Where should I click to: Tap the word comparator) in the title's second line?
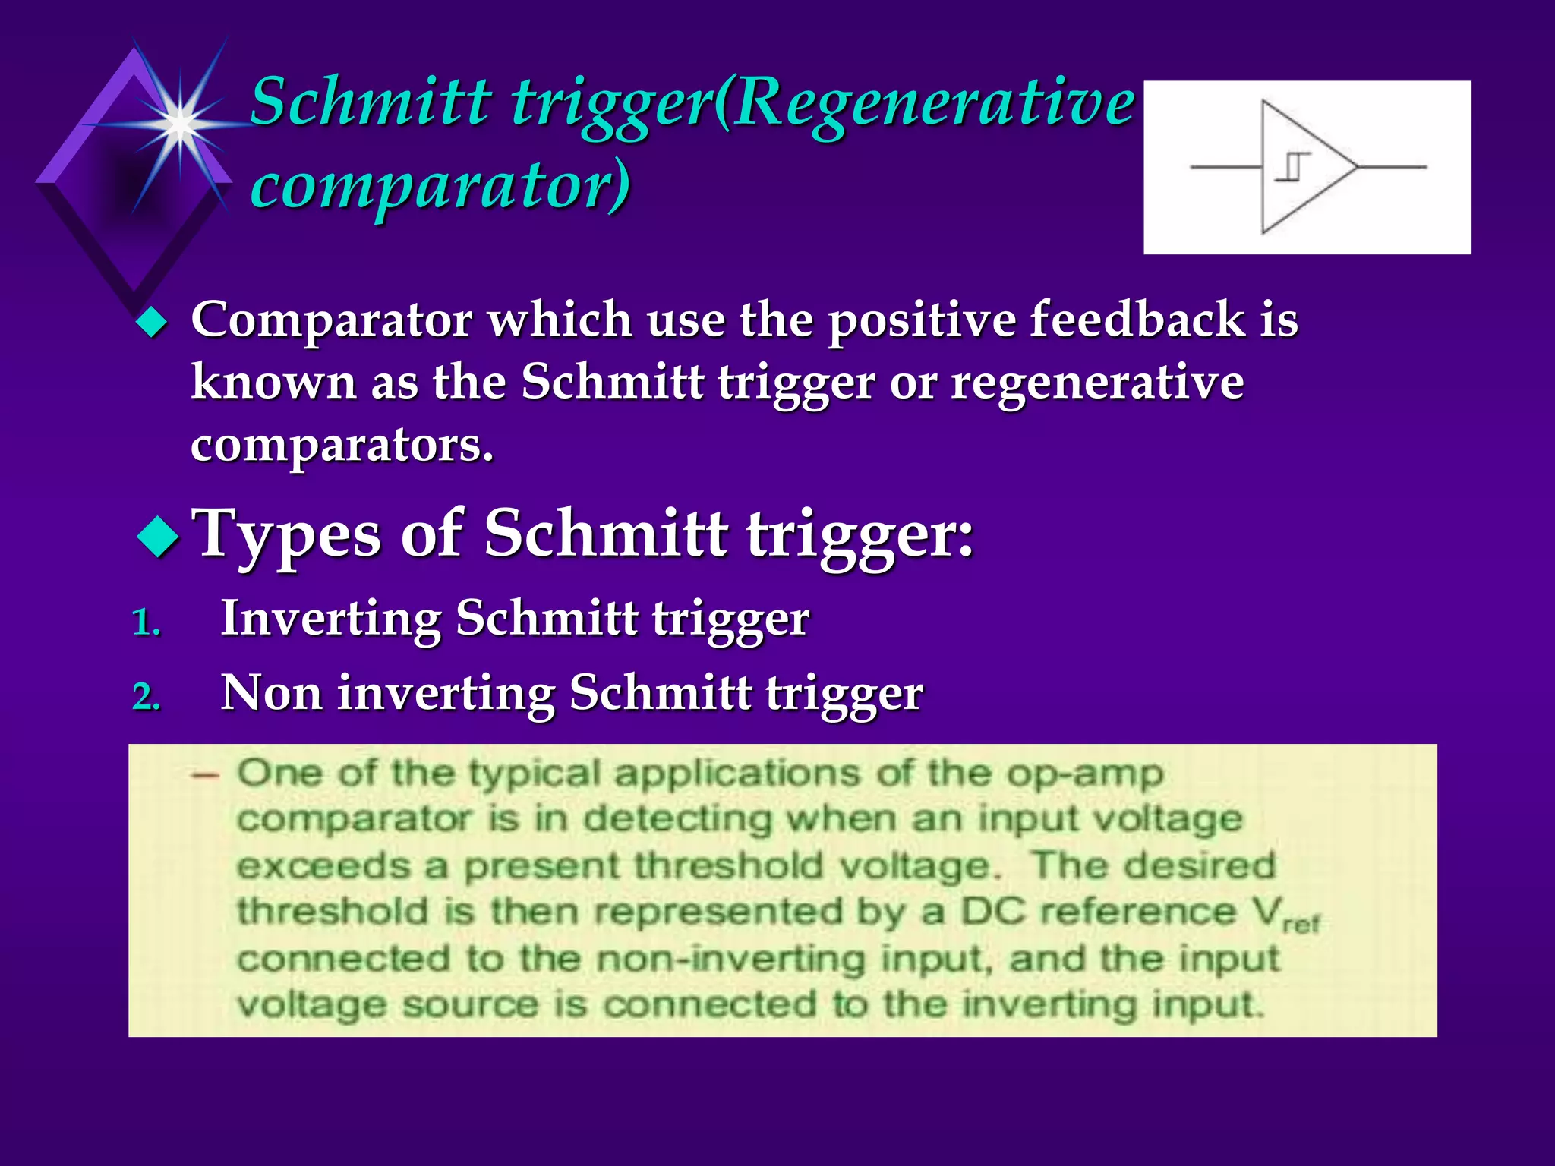[440, 184]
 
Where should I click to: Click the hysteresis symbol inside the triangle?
[1292, 167]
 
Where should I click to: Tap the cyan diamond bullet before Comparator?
[152, 323]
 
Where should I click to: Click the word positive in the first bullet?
[921, 320]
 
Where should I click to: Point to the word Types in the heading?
[288, 534]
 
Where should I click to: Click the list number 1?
[146, 623]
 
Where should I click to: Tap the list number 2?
[146, 697]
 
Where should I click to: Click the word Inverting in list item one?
[330, 619]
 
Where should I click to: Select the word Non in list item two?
[271, 693]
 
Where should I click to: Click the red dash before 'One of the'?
[205, 775]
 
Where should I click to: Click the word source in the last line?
[469, 1005]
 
